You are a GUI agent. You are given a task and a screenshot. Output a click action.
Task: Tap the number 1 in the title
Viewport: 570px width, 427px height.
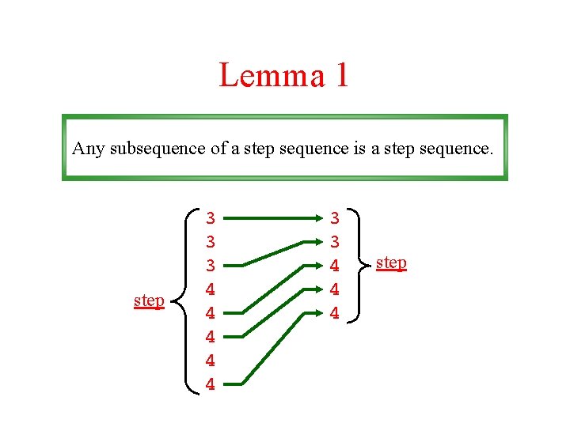340,76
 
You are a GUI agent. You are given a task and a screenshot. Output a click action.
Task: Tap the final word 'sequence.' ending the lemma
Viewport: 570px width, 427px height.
458,148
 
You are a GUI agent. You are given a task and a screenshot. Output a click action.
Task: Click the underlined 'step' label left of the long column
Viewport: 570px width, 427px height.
149,300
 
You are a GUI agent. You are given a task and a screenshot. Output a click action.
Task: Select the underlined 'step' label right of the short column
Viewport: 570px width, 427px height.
391,262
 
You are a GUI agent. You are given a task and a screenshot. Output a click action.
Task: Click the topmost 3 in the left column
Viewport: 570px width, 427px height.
211,217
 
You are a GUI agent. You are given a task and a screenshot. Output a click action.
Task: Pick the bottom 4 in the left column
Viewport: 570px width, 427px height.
211,385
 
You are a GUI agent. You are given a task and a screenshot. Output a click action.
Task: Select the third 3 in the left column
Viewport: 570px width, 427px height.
211,265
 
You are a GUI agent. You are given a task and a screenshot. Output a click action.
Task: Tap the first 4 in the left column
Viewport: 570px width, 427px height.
211,289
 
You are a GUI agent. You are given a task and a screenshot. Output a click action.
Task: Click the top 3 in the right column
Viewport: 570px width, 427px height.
335,217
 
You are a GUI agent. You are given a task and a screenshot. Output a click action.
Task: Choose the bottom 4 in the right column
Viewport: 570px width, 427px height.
335,313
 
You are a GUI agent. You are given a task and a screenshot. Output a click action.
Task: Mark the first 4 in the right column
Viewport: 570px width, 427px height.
335,265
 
